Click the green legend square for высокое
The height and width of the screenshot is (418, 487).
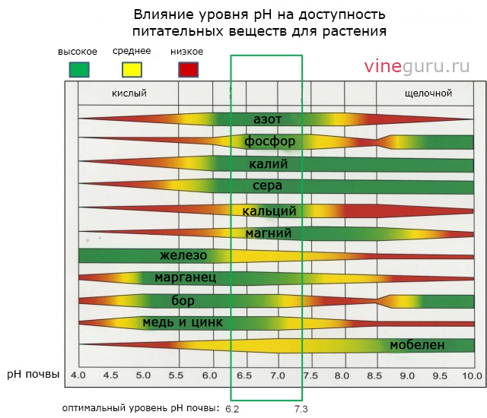(79, 70)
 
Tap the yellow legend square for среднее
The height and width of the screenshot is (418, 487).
(132, 70)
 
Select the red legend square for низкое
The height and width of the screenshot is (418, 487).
(188, 70)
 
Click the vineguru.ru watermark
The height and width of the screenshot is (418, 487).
(417, 66)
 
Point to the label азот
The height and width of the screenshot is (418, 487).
(269, 119)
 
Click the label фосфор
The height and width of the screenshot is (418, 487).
(269, 141)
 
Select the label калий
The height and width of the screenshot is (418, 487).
(268, 163)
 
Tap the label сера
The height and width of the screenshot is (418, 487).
(268, 185)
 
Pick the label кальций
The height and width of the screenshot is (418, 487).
(269, 211)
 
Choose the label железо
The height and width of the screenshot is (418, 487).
(183, 255)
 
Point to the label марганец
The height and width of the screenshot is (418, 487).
(186, 277)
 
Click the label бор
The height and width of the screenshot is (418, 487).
(183, 300)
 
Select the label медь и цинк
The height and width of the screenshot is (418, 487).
(183, 322)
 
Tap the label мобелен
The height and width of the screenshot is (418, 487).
(417, 345)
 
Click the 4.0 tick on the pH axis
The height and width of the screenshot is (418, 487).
(78, 375)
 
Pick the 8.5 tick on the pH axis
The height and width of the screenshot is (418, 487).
(374, 375)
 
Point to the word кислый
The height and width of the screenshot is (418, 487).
(129, 93)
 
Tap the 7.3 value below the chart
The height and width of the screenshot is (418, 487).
(302, 409)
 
